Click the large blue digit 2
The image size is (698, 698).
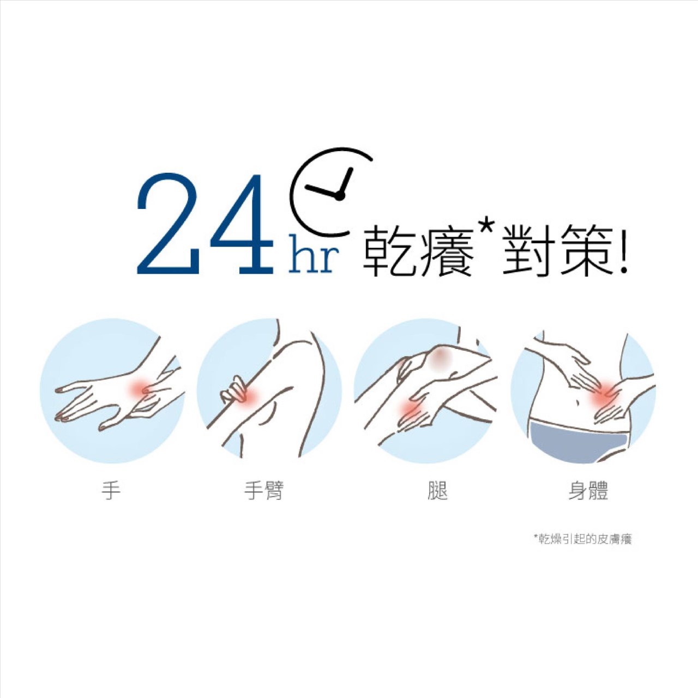(169, 224)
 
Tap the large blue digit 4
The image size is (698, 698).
(242, 224)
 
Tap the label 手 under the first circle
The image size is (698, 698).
(111, 490)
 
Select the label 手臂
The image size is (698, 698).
(264, 490)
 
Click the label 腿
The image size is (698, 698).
(437, 490)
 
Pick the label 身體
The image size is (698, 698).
(588, 490)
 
